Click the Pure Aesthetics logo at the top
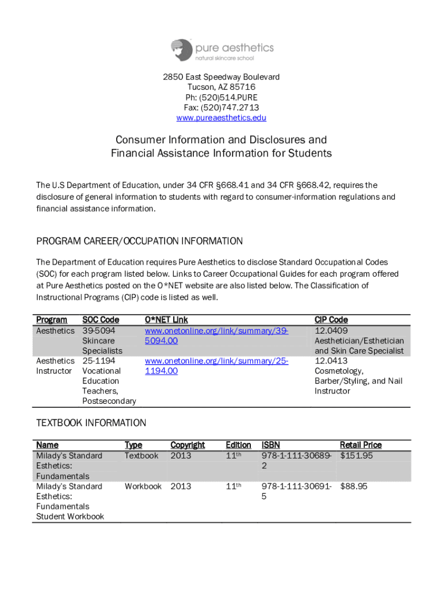click(x=221, y=50)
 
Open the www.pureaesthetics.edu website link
click(x=221, y=118)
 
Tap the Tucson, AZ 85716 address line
click(x=221, y=87)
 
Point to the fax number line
click(x=221, y=108)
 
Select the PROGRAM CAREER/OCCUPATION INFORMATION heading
click(x=139, y=241)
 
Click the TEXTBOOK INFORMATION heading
click(x=91, y=423)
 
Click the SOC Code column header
click(x=101, y=320)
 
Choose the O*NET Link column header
click(x=166, y=320)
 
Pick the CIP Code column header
click(x=331, y=320)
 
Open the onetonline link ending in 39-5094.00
click(x=216, y=335)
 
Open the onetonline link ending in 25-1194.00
click(x=216, y=366)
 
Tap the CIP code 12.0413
click(x=331, y=361)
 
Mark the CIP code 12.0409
click(x=331, y=330)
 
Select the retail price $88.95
click(x=354, y=487)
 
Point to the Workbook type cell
click(x=143, y=487)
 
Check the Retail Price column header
click(x=361, y=445)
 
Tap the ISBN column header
click(x=270, y=445)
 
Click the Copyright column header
click(x=188, y=445)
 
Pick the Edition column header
click(x=238, y=445)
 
